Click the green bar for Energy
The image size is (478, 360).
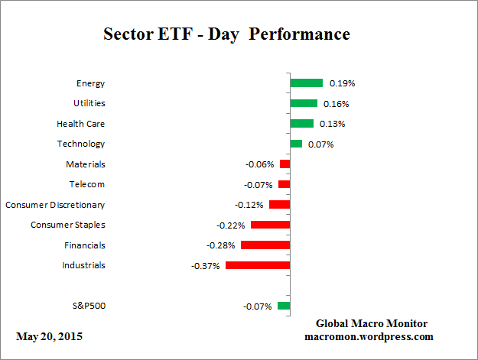tap(306, 83)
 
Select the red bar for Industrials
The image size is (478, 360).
tap(257, 265)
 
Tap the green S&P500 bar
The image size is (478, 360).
tap(284, 306)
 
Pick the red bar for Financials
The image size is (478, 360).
tap(265, 245)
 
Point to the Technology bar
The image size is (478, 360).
tap(296, 144)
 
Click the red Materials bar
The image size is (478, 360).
tap(285, 164)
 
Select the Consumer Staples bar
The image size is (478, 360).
tap(270, 225)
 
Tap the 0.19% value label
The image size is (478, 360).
tap(341, 83)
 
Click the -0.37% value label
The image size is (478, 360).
tap(206, 266)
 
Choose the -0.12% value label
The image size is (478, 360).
tap(249, 205)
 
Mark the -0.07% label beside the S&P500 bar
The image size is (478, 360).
tap(259, 306)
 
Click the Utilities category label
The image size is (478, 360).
tap(90, 103)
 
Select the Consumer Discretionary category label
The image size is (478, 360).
tap(55, 205)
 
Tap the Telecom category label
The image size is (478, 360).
tap(86, 184)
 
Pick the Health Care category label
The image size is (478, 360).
tap(81, 123)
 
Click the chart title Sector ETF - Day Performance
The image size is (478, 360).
tap(226, 35)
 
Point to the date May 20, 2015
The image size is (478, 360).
tap(50, 336)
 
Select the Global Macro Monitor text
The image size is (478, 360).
tap(371, 323)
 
